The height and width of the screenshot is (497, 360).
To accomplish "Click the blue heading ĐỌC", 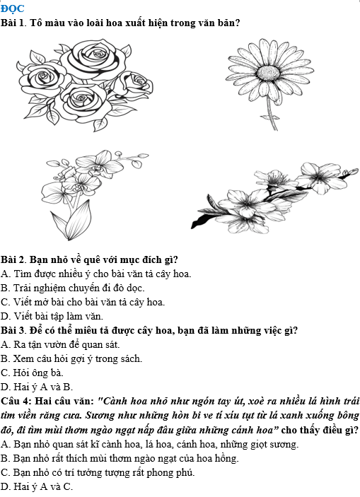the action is [12, 8].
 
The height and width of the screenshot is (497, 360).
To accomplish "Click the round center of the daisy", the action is [268, 73].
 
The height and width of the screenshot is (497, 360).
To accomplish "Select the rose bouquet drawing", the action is [85, 85].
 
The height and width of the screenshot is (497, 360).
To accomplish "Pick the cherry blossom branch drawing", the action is [274, 198].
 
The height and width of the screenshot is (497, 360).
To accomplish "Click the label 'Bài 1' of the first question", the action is [13, 23].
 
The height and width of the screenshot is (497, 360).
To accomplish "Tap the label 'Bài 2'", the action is [13, 259].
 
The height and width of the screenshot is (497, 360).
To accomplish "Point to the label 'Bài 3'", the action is [13, 331].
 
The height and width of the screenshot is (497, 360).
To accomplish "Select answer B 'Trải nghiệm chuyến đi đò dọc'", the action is [73, 288].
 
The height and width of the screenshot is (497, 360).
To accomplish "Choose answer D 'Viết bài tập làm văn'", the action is [52, 316].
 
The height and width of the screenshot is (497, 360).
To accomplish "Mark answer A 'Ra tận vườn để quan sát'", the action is [60, 344].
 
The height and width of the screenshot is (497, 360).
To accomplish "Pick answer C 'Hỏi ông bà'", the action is [32, 373].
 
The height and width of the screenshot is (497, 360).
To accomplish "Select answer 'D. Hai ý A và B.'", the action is [37, 387].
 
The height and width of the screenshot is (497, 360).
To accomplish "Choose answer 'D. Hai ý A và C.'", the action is [37, 486].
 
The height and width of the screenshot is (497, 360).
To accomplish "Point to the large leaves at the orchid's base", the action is [71, 221].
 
